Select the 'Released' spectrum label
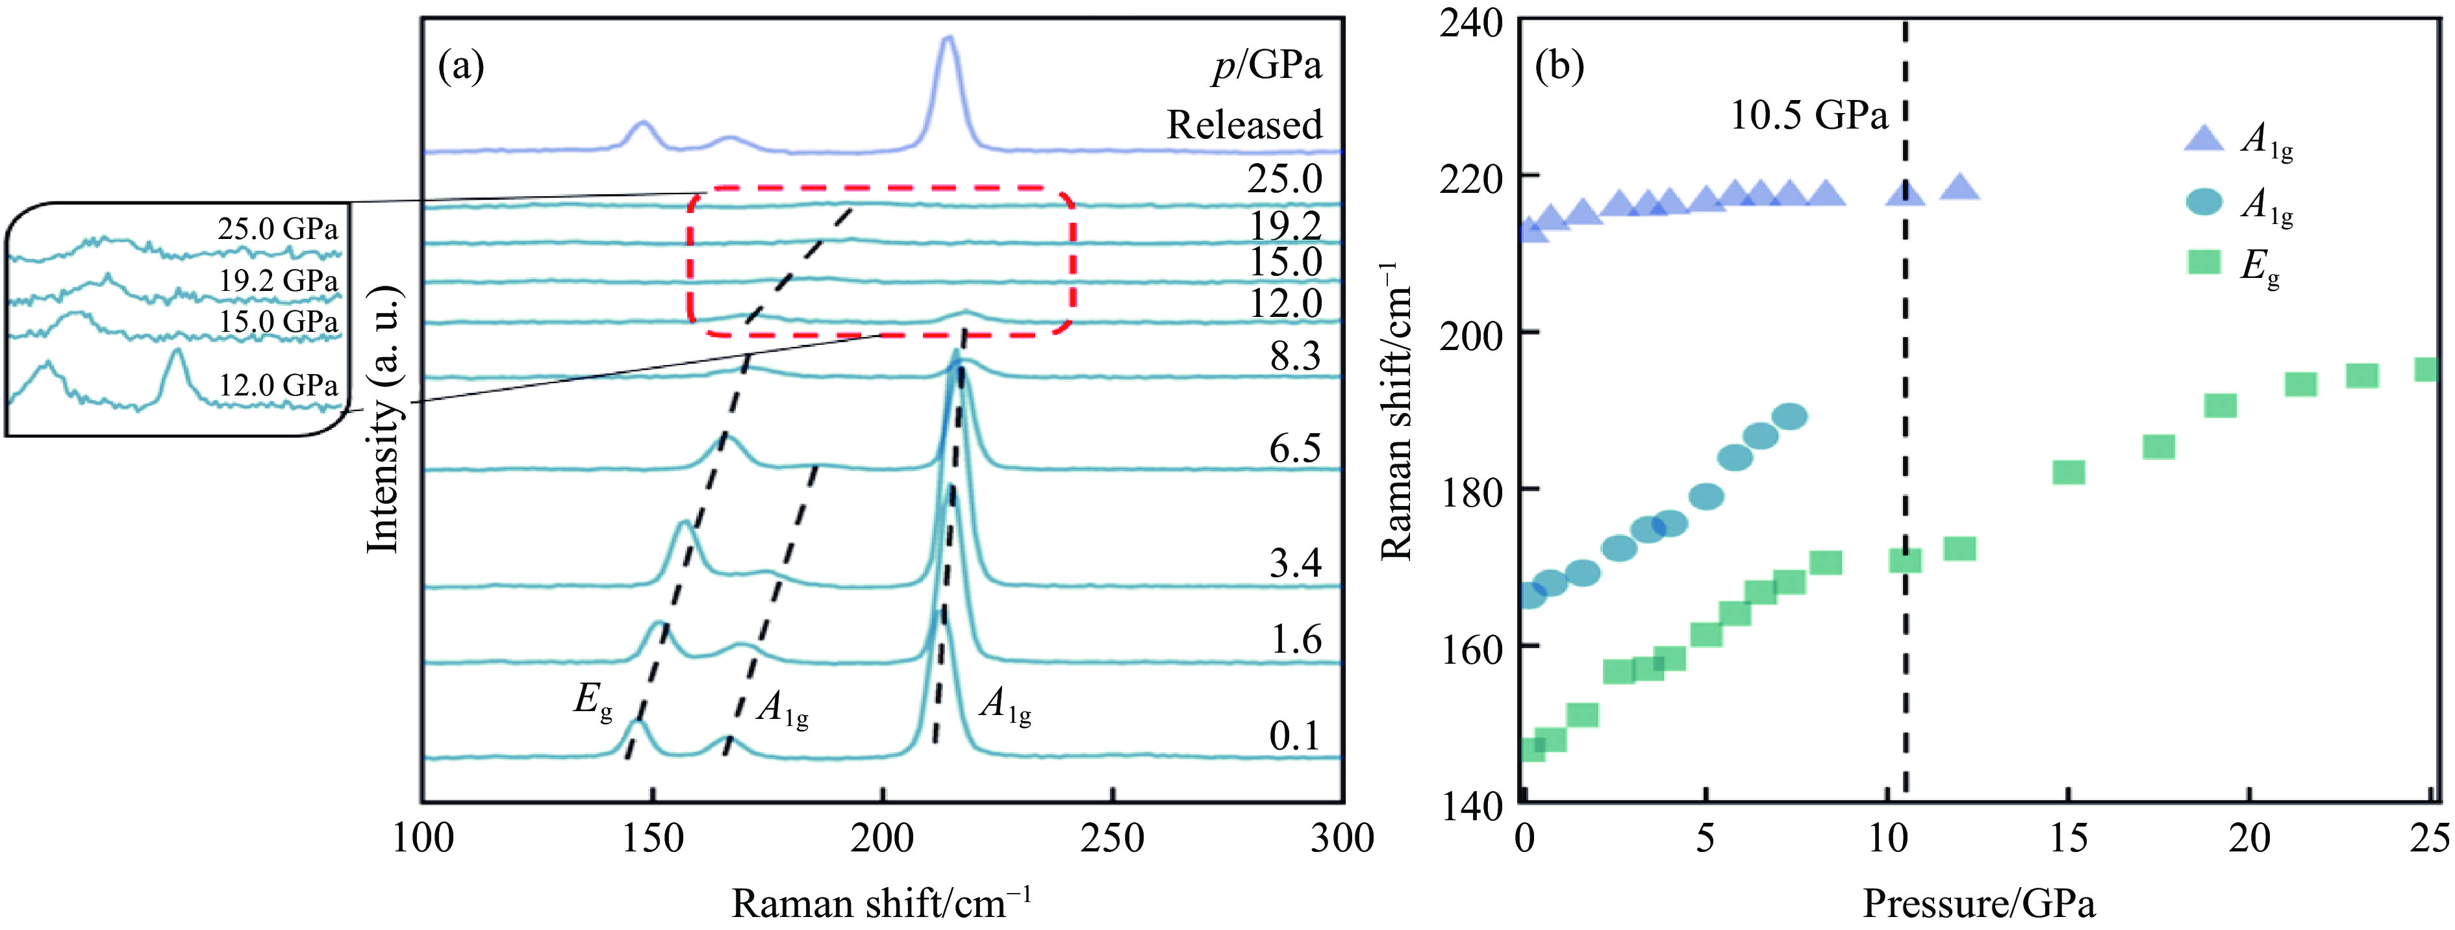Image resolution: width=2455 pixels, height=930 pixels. (x=1244, y=125)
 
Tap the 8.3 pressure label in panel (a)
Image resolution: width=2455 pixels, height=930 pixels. (x=1295, y=357)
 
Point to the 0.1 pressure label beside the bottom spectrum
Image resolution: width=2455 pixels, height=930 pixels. (x=1295, y=736)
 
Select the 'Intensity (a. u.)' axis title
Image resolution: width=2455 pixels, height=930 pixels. (x=384, y=420)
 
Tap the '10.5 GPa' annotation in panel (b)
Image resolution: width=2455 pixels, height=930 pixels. (x=1809, y=116)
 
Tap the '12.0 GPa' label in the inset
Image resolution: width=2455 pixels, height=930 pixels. (x=278, y=385)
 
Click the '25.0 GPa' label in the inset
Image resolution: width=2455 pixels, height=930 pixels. (x=277, y=229)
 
